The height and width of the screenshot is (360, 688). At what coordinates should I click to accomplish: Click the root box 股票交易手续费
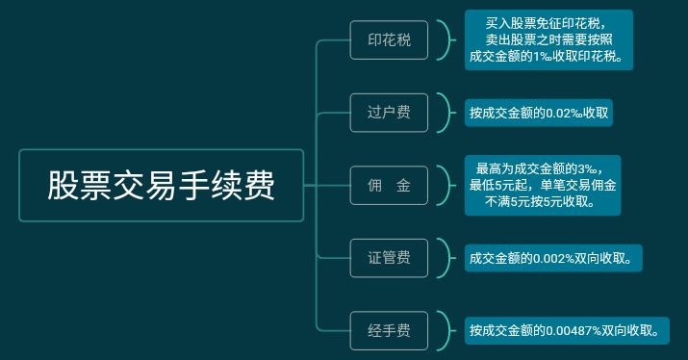[161, 186]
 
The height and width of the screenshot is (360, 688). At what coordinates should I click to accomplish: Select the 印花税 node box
[389, 40]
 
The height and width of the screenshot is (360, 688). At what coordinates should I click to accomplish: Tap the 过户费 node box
[389, 113]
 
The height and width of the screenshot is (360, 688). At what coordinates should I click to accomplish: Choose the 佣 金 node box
[389, 186]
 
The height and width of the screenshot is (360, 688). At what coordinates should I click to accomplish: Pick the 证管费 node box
[389, 258]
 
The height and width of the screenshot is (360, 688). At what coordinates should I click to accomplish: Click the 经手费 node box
[389, 331]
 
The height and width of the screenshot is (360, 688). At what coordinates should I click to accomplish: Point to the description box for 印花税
[548, 39]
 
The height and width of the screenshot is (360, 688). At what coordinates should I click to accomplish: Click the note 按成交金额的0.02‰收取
[539, 113]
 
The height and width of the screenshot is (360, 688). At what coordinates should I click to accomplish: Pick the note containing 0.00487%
[565, 331]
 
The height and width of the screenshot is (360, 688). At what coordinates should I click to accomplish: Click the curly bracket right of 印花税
[444, 40]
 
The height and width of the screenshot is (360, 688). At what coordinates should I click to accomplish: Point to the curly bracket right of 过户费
[444, 113]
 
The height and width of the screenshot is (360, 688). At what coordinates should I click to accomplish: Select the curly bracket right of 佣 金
[444, 186]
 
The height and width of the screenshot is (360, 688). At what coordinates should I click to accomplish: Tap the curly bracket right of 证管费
[444, 258]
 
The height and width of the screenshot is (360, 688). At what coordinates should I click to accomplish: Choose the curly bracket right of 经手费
[444, 331]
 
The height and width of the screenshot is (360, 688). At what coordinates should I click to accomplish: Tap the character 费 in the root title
[258, 186]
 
